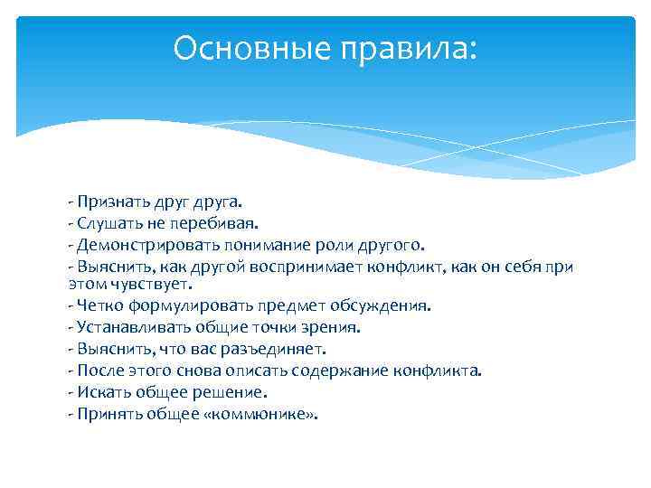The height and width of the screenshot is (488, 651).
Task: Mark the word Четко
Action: coord(97,305)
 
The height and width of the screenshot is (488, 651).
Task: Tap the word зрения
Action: coord(334,327)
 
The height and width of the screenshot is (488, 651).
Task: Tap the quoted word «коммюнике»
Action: coord(265,415)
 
